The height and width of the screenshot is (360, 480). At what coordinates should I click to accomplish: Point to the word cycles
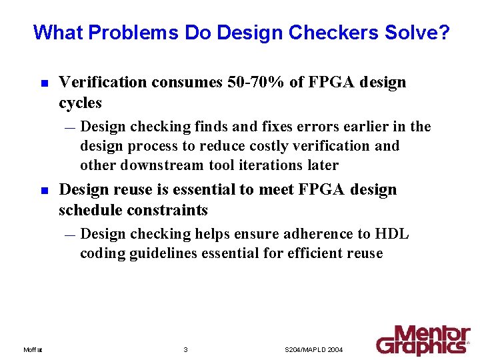(x=81, y=103)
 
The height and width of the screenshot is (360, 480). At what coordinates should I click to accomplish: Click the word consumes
(x=183, y=82)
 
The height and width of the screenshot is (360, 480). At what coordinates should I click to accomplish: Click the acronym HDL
(x=392, y=234)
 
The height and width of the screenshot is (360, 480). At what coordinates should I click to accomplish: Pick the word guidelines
(x=175, y=253)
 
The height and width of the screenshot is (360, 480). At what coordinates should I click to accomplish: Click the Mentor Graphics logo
(x=423, y=340)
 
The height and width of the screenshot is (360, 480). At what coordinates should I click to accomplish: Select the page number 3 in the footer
(x=185, y=350)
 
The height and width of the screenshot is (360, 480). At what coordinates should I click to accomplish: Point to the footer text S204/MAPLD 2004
(x=313, y=350)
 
